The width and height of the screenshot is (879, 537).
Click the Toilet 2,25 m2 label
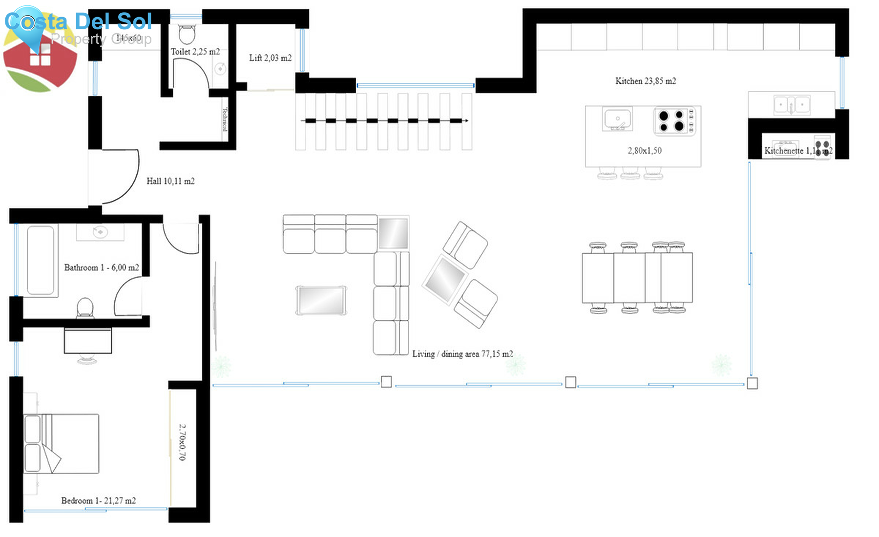195,52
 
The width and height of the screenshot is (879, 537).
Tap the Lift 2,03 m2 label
270,58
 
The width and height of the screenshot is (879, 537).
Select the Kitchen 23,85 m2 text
645,81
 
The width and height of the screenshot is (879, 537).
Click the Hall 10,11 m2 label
170,181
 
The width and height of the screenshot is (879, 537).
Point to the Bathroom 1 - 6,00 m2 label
101,268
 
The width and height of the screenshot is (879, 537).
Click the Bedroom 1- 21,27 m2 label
98,500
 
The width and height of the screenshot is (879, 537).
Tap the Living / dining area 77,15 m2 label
462,354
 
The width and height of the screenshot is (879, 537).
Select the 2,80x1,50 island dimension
644,151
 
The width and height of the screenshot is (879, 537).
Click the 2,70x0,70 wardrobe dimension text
182,442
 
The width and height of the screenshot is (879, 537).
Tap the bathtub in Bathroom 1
41,260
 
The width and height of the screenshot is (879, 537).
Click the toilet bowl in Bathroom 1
85,308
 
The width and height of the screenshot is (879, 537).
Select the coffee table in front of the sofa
321,300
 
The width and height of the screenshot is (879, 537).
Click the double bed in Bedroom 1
62,443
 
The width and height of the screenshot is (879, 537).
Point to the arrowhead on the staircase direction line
466,121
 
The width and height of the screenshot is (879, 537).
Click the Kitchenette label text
783,151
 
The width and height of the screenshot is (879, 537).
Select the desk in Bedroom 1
88,341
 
